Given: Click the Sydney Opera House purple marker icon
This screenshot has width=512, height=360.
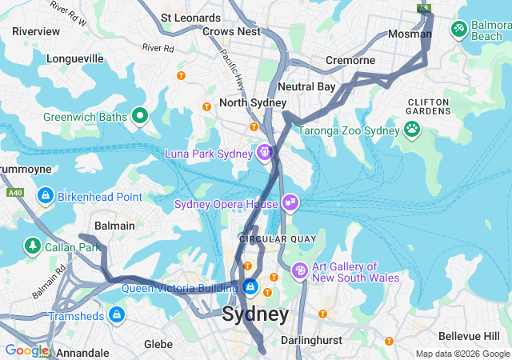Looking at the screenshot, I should coord(290,204).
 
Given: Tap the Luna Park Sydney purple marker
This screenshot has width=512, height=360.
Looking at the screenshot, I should coord(265,152).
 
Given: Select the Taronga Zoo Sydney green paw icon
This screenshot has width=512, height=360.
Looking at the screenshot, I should coord(412,130).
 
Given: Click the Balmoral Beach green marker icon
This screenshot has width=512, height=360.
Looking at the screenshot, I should coord(459,30).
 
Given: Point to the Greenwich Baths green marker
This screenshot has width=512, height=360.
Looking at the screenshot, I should coord(140,117).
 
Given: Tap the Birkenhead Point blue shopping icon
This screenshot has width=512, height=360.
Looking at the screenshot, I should coord(46,196).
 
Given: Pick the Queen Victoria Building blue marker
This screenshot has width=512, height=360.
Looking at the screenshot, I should coord(250,286).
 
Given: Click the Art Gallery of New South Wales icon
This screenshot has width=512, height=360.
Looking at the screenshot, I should coord(300,272).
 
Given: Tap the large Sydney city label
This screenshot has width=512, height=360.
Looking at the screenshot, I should coord(255,314).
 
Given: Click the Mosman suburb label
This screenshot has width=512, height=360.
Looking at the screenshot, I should coord(410,34).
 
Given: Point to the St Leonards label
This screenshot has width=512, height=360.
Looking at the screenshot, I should coord(190,17).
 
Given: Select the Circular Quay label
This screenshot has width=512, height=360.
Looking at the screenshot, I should coord(278,239).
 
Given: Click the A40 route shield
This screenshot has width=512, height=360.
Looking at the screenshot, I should coord(15,193).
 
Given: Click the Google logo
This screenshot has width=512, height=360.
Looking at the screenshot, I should coord(26,350).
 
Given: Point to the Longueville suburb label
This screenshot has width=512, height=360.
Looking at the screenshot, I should coord(75,58).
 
